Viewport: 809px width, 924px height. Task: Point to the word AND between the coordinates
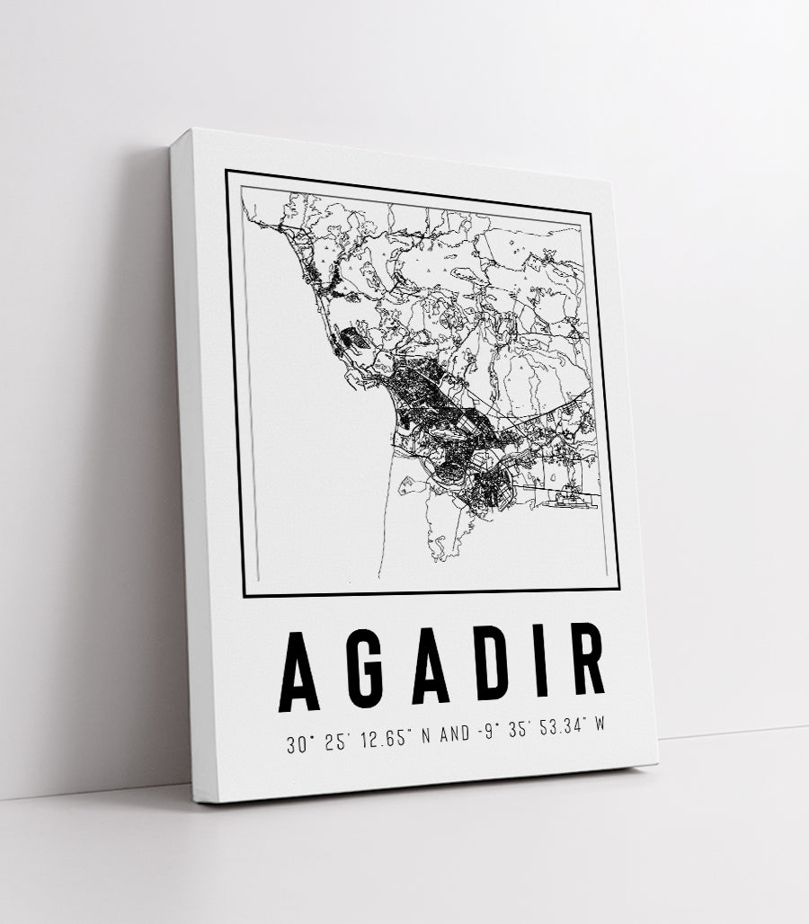(x=455, y=736)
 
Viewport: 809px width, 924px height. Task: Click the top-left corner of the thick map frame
(x=227, y=171)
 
